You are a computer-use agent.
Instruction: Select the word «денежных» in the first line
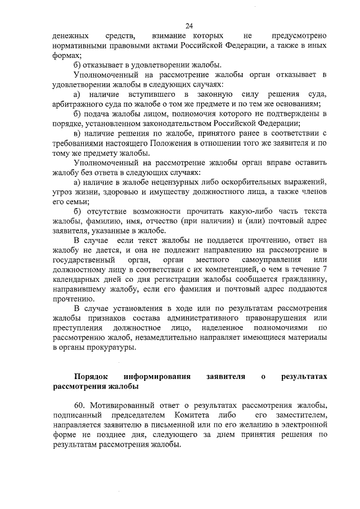pos(69,36)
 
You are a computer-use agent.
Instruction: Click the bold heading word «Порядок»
pos(91,376)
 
